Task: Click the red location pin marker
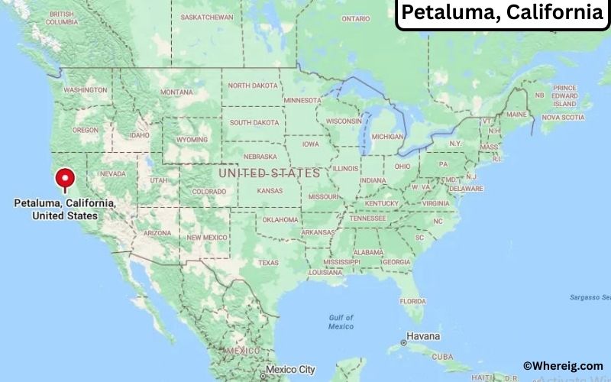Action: coord(65,179)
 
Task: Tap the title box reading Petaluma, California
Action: coord(502,13)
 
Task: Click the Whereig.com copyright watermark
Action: coord(563,366)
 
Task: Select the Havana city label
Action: coord(422,336)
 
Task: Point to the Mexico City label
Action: coord(290,370)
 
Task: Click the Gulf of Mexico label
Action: coord(341,322)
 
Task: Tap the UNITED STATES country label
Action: coord(269,173)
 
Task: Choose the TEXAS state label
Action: coord(268,262)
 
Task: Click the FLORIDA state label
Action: coord(412,299)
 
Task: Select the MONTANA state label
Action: coord(176,92)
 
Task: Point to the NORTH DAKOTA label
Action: coord(254,86)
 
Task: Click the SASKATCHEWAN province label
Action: coord(207,17)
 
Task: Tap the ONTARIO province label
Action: coord(355,18)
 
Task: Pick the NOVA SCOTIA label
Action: coord(563,118)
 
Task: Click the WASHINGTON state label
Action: coord(85,90)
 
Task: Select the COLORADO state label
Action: coord(209,191)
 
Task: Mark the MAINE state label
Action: coord(516,115)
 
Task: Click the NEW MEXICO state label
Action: coord(207,238)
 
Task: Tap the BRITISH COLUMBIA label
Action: coord(62,18)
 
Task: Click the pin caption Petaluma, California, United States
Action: coord(65,209)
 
